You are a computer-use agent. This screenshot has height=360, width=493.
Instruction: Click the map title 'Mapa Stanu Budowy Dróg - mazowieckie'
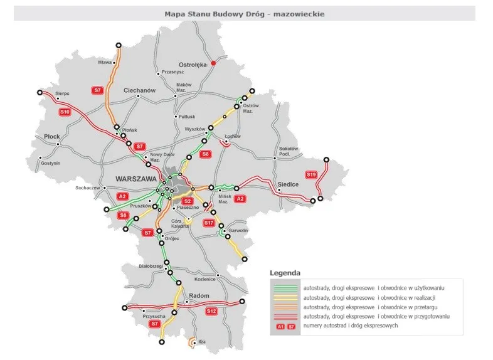pyautogui.click(x=245, y=13)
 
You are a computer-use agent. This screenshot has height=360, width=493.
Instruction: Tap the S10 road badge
pyautogui.click(x=64, y=112)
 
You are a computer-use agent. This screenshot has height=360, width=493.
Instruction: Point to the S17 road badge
pyautogui.click(x=209, y=223)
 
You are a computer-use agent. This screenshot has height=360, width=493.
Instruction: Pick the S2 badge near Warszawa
pyautogui.click(x=187, y=201)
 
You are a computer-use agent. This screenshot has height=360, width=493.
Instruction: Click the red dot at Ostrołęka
pyautogui.click(x=213, y=63)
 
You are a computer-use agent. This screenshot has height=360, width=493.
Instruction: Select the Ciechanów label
pyautogui.click(x=139, y=90)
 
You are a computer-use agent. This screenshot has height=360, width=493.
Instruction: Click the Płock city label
pyautogui.click(x=51, y=136)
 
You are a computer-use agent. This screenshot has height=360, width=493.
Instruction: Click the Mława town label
pyautogui.click(x=104, y=63)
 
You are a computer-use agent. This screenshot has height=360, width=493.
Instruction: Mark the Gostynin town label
pyautogui.click(x=50, y=163)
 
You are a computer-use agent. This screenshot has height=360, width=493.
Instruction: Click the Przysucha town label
pyautogui.click(x=154, y=316)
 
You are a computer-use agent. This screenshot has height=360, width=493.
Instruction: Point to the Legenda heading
pyautogui.click(x=285, y=273)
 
